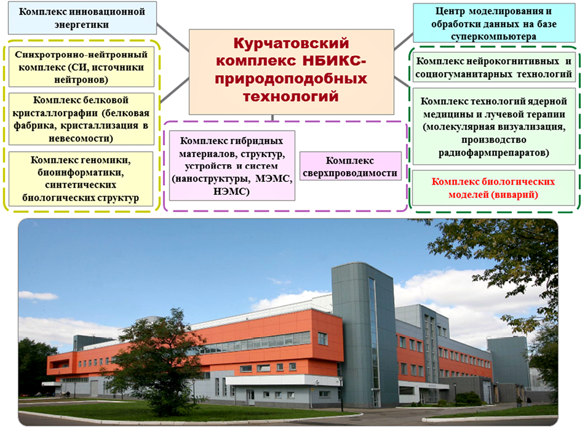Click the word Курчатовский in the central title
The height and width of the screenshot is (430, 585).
[292, 43]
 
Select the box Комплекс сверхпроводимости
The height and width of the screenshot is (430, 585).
[351, 166]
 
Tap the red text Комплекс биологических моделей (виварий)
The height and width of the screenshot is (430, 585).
[493, 188]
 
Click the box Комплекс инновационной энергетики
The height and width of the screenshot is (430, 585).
[82, 18]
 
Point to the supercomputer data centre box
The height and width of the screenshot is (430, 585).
[494, 23]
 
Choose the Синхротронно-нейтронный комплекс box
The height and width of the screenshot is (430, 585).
[81, 67]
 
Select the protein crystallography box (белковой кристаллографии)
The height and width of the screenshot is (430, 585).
[81, 119]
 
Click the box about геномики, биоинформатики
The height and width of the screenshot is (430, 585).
[81, 178]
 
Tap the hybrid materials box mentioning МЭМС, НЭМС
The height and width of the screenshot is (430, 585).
[232, 165]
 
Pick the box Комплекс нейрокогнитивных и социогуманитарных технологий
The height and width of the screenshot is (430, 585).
[493, 67]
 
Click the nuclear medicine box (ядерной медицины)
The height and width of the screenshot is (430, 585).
[493, 127]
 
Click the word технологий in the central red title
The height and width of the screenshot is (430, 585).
[291, 97]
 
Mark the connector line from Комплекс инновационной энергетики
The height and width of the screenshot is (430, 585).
[173, 38]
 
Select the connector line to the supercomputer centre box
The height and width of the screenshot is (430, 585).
[404, 41]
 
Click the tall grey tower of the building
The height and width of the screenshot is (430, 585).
[361, 336]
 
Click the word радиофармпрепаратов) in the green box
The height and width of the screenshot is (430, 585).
[493, 153]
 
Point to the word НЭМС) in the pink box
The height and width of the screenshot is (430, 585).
[231, 192]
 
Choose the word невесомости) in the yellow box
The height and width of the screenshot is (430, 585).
[81, 138]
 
